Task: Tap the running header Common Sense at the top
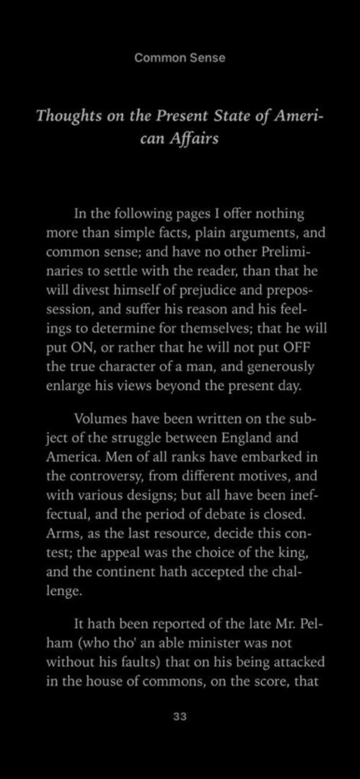click(x=179, y=58)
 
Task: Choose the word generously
click(x=287, y=368)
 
